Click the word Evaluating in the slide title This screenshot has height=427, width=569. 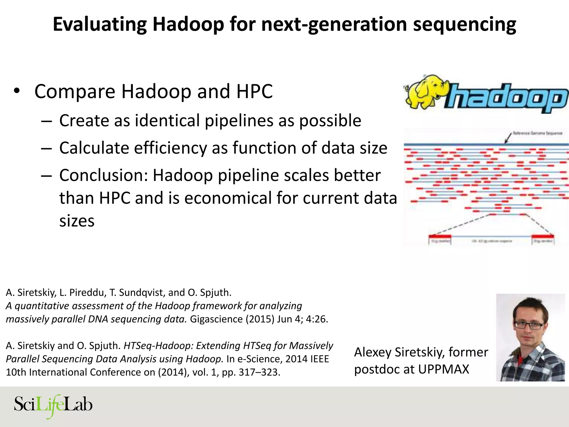coord(99,24)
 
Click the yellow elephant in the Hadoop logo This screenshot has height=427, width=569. coord(425,92)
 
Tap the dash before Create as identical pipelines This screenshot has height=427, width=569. coord(46,121)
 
